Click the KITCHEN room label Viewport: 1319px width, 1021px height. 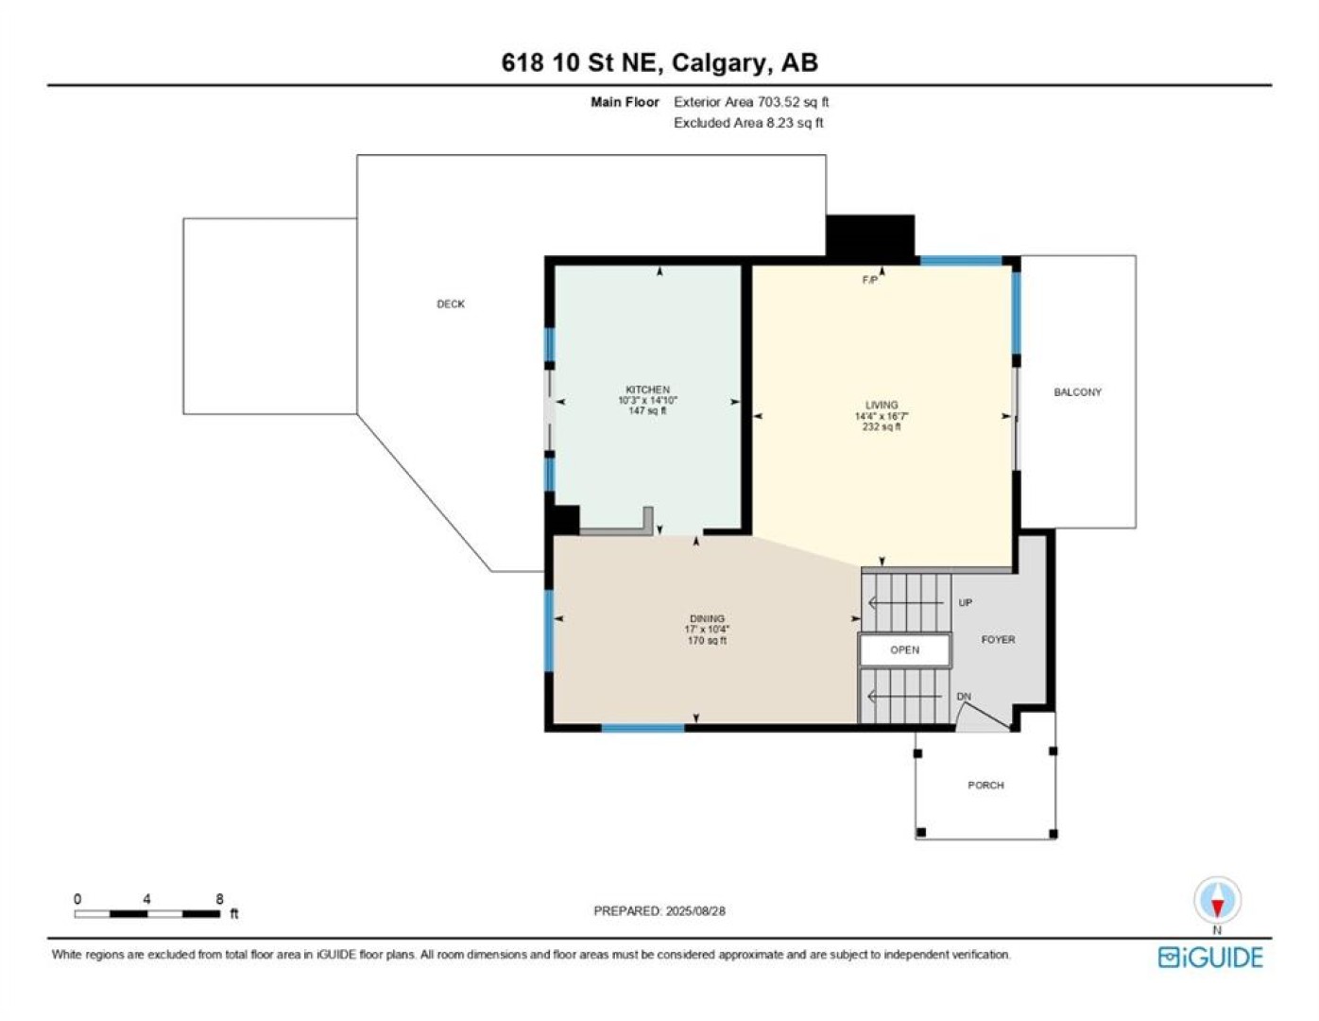647,389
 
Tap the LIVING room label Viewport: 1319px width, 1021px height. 882,406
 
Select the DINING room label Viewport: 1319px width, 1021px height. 707,619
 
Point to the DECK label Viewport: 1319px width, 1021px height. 451,304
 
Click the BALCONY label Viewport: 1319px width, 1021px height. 1077,392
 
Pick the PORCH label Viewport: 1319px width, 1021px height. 985,786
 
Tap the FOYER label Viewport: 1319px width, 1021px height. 998,640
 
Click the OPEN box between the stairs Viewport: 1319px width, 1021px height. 904,649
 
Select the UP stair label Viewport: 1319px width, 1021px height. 965,602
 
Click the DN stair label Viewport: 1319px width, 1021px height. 964,697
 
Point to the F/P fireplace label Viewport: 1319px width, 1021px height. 870,281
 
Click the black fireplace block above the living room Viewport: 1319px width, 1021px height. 870,237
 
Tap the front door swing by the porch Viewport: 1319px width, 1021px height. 984,717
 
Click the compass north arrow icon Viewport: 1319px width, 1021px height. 1217,900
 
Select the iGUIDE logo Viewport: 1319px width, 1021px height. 1210,958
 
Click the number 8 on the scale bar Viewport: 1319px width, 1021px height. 219,899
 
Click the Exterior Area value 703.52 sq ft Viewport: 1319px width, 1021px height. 793,102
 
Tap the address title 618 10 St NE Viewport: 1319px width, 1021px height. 582,62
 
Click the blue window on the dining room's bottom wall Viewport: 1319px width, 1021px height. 642,728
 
